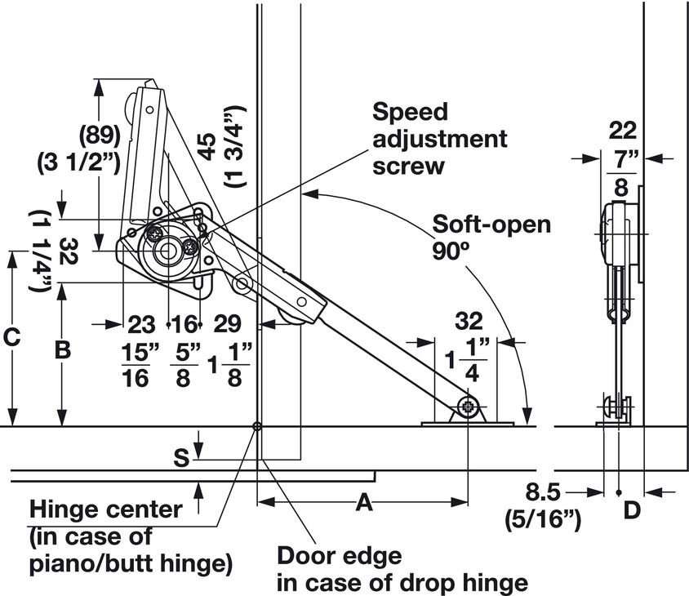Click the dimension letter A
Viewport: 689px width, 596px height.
click(x=365, y=504)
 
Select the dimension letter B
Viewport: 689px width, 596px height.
click(x=63, y=350)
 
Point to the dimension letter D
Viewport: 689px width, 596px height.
click(x=631, y=512)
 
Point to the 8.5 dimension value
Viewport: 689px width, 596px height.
click(x=545, y=492)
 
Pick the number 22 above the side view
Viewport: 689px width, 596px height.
click(x=623, y=130)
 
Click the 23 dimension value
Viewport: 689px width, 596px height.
click(x=140, y=325)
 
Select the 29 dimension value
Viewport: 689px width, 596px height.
click(x=227, y=325)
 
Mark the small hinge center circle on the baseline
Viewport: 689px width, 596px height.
click(x=256, y=426)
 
